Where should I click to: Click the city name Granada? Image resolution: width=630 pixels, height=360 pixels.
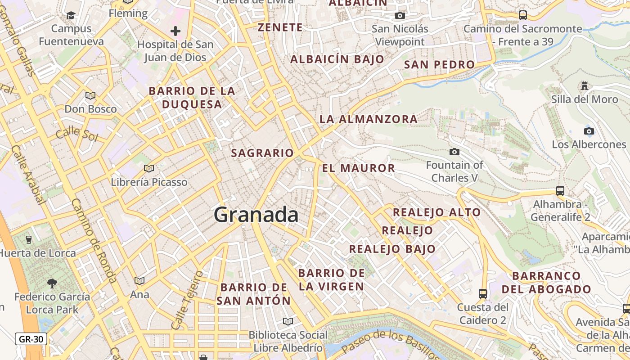tap(256, 215)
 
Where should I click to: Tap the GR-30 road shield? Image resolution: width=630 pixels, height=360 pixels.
tap(31, 339)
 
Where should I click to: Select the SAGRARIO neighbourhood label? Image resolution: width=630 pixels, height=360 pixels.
tap(262, 153)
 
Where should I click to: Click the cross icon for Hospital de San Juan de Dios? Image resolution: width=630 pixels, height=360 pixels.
tap(175, 31)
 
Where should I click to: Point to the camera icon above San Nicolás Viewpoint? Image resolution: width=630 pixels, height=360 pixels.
tap(400, 16)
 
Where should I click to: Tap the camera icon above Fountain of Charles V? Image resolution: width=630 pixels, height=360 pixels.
tap(454, 152)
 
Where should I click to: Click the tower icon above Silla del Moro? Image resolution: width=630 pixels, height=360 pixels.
tap(585, 85)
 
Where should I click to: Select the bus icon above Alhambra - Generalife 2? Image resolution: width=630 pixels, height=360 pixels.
tap(560, 191)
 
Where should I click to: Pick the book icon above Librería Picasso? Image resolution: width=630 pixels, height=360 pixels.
tap(149, 168)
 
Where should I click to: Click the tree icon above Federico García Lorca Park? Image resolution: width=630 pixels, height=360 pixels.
tap(52, 283)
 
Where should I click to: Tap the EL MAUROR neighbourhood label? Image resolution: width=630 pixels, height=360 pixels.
tap(359, 168)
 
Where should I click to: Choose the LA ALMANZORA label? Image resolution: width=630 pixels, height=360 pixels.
tap(369, 119)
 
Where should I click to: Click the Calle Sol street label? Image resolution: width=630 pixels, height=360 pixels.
tap(76, 133)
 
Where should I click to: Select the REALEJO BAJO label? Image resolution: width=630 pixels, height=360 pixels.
tap(392, 249)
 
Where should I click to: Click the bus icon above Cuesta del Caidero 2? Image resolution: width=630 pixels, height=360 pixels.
tap(483, 294)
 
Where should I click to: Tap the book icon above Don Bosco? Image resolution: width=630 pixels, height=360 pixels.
tap(90, 95)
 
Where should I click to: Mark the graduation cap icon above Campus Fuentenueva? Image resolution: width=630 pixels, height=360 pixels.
tap(71, 16)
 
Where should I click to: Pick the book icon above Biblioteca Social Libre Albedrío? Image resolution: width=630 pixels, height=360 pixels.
tap(288, 321)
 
